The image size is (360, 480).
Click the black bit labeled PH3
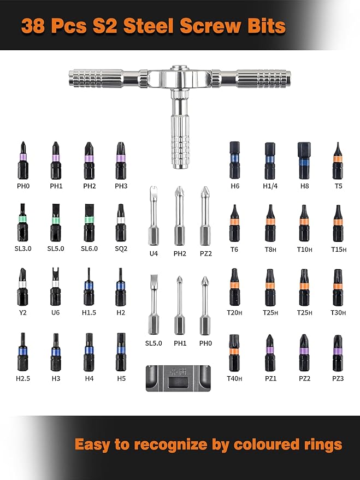[x=120, y=161]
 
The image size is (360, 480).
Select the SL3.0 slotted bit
[x=23, y=223]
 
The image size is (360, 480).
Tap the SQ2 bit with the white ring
[x=120, y=223]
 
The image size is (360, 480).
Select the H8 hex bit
[x=303, y=161]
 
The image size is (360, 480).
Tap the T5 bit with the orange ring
[x=337, y=161]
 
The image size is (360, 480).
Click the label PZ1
[x=270, y=378]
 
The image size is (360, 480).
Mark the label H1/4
[x=269, y=186]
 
